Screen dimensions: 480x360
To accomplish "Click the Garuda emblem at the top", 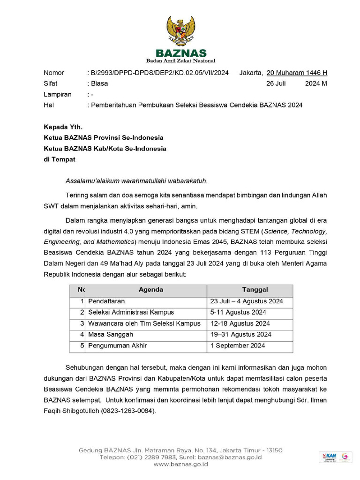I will [x=180, y=30].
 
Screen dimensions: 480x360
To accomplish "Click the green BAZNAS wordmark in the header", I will [x=180, y=53].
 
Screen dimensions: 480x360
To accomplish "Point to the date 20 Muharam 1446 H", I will [x=297, y=73].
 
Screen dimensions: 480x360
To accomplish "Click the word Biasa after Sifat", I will [x=99, y=83].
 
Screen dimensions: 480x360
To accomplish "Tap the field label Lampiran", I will [x=58, y=94].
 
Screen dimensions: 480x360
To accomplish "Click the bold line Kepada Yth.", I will [x=63, y=127].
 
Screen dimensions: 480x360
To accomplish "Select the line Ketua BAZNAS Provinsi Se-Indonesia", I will [x=104, y=138].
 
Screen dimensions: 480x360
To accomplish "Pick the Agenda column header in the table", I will [x=151, y=290].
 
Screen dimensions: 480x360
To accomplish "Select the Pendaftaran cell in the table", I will [x=106, y=301].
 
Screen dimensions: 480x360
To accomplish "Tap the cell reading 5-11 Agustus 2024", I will [x=238, y=312].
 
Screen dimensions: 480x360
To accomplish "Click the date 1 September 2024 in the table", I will [x=238, y=345].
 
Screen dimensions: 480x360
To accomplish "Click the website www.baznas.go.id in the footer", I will [x=180, y=464].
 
